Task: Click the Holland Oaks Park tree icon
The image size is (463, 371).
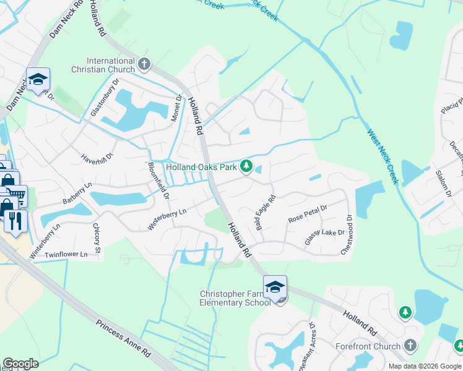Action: click(246, 166)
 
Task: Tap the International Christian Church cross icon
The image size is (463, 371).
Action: click(144, 64)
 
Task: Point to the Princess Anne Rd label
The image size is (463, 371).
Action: click(123, 338)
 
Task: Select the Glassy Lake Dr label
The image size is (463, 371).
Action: click(324, 237)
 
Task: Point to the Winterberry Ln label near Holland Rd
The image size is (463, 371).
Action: click(167, 220)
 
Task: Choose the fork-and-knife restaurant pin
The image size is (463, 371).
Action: click(15, 221)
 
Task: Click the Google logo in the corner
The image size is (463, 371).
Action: click(20, 364)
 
